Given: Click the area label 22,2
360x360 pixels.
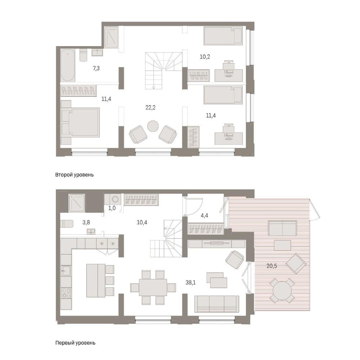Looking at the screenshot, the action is point(150,107).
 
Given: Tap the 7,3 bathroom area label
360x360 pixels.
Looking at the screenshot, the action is point(96,68).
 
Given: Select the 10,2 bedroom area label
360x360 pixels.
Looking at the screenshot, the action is point(205,57).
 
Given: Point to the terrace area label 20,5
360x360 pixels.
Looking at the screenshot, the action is point(271,266).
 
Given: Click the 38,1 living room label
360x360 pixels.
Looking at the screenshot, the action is point(190,282).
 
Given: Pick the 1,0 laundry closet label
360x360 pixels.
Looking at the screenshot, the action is point(112,208).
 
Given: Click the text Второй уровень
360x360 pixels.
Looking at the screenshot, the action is point(75,175).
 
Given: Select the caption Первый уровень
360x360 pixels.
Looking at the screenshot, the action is point(75,343).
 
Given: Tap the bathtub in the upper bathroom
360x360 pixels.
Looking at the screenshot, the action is point(68,66).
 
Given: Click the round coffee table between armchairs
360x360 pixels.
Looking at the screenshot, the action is point(153,126).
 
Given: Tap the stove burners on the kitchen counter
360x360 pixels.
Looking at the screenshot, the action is point(66,293).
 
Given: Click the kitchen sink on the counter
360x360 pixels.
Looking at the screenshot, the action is point(66,271).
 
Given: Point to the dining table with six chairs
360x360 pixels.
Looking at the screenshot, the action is point(153,287).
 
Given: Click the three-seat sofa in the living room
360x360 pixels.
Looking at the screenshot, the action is point(216,304).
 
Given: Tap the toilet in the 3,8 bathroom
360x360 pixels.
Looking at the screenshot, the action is point(67,224).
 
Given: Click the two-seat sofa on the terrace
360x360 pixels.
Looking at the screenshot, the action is point(282,228).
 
